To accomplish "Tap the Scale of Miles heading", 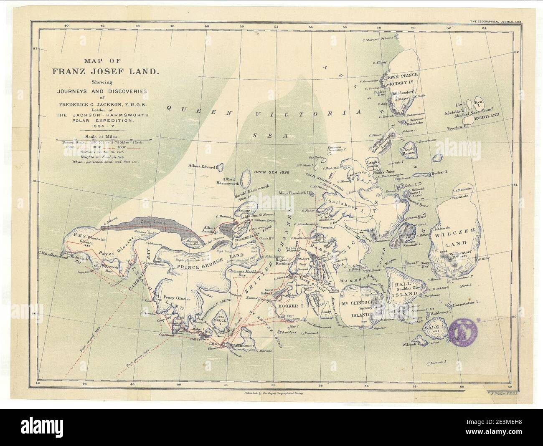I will tap(101, 136).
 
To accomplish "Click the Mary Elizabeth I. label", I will tap(296, 193).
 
